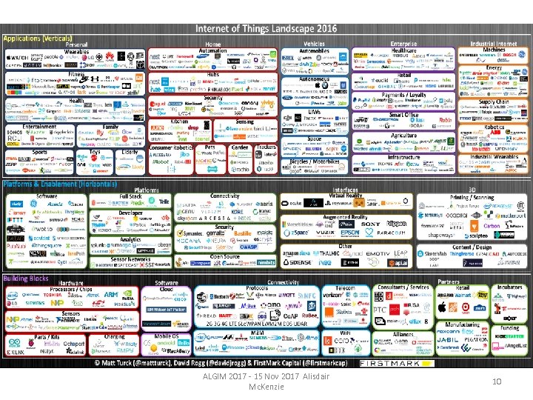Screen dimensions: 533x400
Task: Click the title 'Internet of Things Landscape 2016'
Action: (266, 28)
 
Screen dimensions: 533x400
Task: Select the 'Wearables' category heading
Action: (76, 52)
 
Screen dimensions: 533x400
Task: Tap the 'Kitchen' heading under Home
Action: (179, 121)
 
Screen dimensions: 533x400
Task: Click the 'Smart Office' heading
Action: (403, 116)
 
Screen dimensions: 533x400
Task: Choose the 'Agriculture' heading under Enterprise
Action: (403, 136)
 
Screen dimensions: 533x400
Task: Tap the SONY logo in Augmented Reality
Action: (371, 223)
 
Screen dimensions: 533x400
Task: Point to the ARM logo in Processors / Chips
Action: (111, 294)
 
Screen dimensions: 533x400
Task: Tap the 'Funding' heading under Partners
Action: (509, 327)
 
